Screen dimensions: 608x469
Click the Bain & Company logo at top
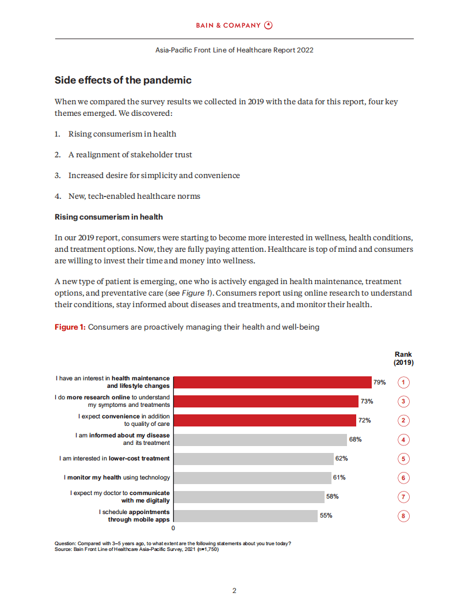[x=234, y=25]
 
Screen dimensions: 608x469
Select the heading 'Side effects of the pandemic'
[x=123, y=80]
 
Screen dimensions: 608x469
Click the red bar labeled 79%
[x=272, y=382]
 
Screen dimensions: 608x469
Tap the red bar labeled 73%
[x=266, y=401]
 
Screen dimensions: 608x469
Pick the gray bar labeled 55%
[x=245, y=516]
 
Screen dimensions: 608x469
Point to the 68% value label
[x=355, y=439]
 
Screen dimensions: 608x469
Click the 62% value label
[x=342, y=458]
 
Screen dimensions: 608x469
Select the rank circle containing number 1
[x=404, y=383]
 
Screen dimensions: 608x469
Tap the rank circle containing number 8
[x=404, y=516]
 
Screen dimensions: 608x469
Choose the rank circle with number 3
[x=404, y=402]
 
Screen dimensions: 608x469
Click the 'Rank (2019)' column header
[x=403, y=359]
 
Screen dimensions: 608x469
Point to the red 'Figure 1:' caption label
[x=70, y=327]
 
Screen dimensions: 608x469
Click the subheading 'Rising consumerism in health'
[x=108, y=217]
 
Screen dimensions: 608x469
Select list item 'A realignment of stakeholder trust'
[x=131, y=154]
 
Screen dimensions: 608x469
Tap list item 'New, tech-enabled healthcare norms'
[x=134, y=196]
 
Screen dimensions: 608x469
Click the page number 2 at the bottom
[x=234, y=590]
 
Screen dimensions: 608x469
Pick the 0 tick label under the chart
[x=173, y=528]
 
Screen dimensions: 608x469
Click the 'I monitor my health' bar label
[x=117, y=477]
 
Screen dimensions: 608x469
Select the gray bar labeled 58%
[x=249, y=497]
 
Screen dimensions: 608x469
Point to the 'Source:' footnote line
[x=136, y=549]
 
